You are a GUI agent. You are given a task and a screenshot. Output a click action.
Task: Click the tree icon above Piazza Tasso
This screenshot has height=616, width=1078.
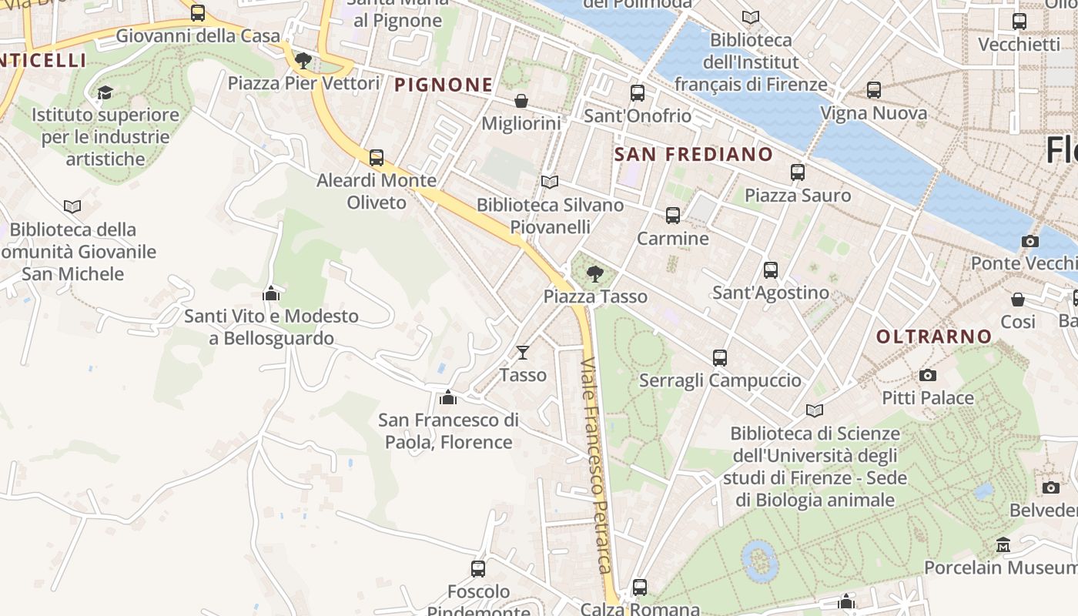click(x=594, y=273)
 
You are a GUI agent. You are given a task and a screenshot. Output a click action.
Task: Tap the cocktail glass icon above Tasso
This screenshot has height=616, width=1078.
click(x=523, y=353)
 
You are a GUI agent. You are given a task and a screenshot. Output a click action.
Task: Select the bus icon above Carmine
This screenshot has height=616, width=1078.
click(x=673, y=216)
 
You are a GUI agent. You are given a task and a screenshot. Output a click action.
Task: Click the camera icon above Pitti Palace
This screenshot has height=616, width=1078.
click(x=928, y=375)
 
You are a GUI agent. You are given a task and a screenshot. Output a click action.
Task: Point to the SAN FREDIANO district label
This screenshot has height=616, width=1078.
click(x=693, y=154)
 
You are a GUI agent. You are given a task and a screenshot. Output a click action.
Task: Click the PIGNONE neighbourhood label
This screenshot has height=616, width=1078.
click(x=444, y=85)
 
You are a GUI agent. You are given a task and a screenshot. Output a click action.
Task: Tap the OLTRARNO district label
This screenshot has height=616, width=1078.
click(x=934, y=336)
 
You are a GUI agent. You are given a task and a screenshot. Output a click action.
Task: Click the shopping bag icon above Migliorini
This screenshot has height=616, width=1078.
click(x=521, y=101)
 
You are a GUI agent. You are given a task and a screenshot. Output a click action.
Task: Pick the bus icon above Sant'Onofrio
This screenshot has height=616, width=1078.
click(x=638, y=93)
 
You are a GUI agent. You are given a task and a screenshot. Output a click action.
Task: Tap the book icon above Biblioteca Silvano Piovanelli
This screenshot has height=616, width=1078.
click(x=549, y=182)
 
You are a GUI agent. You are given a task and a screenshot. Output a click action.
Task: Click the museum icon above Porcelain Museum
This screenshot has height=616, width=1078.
click(x=1003, y=545)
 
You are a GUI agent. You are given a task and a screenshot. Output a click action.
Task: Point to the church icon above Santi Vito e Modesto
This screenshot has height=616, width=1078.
click(x=271, y=293)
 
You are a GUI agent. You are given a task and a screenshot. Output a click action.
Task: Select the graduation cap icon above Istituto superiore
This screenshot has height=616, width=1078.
click(x=105, y=92)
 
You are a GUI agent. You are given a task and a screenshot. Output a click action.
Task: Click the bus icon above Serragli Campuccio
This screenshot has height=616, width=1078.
click(x=720, y=358)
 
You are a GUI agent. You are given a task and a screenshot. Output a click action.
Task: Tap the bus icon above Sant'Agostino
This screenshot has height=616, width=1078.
click(x=771, y=270)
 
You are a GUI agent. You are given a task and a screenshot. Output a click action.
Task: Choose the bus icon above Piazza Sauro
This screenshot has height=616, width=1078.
click(x=798, y=172)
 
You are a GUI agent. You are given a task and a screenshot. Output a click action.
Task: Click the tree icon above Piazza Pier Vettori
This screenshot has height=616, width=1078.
click(x=303, y=60)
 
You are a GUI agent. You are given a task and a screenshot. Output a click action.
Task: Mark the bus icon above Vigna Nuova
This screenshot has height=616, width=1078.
click(x=874, y=90)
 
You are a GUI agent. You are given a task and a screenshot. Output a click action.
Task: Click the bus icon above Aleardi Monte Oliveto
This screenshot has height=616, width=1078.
click(x=377, y=158)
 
